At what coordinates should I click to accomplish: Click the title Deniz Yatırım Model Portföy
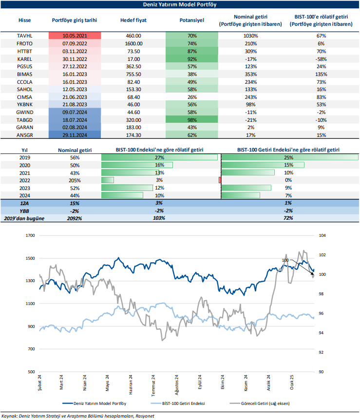pyautogui.click(x=180, y=4)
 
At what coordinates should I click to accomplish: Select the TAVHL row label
pyautogui.click(x=24, y=36)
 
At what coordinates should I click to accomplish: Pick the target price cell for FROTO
pyautogui.click(x=133, y=43)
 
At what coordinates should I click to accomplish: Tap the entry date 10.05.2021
pyautogui.click(x=75, y=36)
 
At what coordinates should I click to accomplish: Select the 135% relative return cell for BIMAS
pyautogui.click(x=321, y=74)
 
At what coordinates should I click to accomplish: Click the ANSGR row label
pyautogui.click(x=24, y=134)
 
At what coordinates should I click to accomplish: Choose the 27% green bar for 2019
pyautogui.click(x=159, y=158)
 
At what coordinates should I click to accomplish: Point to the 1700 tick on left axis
pyautogui.click(x=30, y=235)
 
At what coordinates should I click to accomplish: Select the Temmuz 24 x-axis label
pyautogui.click(x=153, y=382)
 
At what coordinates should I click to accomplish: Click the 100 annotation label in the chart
pyautogui.click(x=285, y=261)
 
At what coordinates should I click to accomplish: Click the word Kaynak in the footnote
pyautogui.click(x=9, y=415)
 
